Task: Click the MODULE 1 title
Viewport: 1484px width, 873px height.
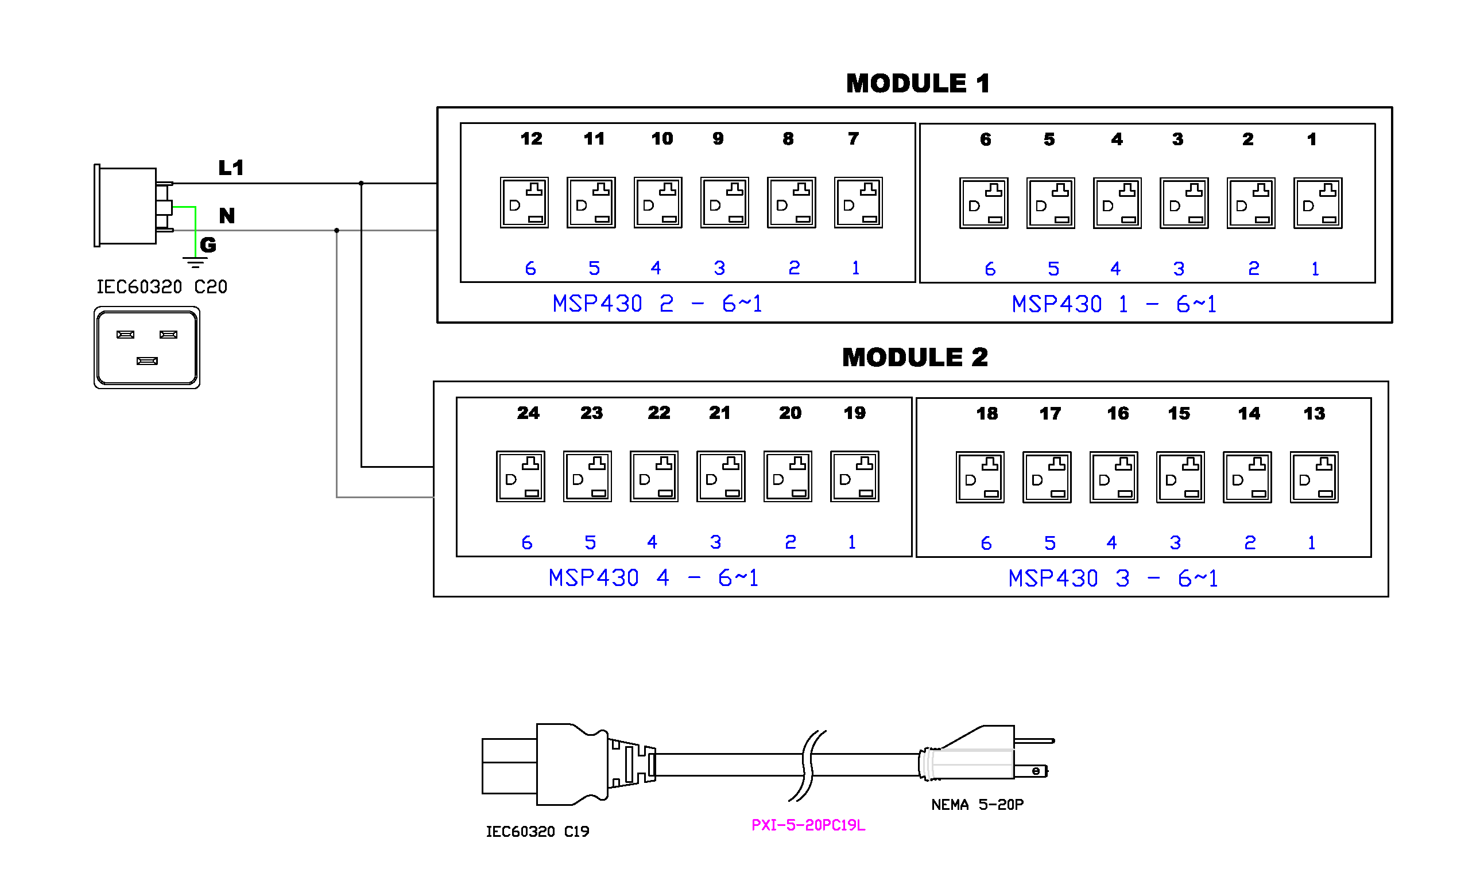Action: pos(917,84)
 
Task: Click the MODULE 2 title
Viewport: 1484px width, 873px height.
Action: pos(915,358)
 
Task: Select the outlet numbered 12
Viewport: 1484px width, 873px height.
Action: pos(524,203)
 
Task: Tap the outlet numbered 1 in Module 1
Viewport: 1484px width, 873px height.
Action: pos(1318,203)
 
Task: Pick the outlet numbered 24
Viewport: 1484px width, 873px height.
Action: pos(521,476)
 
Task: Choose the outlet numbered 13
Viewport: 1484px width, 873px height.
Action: pos(1314,478)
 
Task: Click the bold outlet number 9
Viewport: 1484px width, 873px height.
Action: pos(718,139)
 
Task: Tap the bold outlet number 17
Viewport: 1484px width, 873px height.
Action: pos(1050,414)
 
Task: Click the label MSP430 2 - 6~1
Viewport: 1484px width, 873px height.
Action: pos(657,304)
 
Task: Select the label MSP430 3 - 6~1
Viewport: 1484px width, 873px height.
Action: pos(1113,579)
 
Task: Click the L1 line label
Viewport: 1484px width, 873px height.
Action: pos(231,168)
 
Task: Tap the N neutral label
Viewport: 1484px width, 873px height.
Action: pos(227,215)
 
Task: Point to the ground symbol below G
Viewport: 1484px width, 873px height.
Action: pos(195,262)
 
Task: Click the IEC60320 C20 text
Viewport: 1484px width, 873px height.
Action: pos(161,288)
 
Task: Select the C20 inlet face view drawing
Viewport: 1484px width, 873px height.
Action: pos(146,347)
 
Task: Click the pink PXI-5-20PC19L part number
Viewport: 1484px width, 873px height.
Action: pos(808,825)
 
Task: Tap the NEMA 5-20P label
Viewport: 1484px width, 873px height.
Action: pos(977,805)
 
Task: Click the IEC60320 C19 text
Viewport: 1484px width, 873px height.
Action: pos(537,832)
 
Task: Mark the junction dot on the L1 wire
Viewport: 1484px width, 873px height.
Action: pos(361,184)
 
